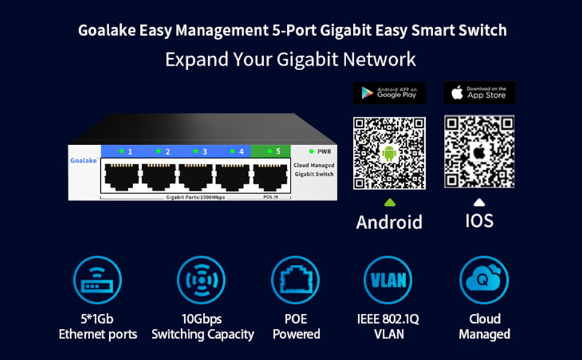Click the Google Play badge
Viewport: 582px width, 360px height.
[x=389, y=93]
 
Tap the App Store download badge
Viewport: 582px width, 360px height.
[x=479, y=92]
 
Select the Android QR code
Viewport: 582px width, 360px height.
[x=389, y=153]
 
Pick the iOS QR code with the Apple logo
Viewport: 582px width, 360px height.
[x=479, y=151]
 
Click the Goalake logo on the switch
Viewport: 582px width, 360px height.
[x=84, y=160]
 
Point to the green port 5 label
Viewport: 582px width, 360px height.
[x=271, y=151]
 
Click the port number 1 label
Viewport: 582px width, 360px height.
[x=130, y=151]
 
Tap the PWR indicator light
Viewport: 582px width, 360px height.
[x=311, y=151]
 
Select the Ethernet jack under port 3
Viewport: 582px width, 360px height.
[x=196, y=178]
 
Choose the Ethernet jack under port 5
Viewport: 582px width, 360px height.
[x=270, y=178]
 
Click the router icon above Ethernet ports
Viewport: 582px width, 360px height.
[x=98, y=280]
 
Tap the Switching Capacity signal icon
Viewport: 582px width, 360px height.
[x=201, y=280]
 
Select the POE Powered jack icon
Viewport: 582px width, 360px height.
[x=295, y=280]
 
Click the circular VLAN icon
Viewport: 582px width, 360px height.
[x=388, y=280]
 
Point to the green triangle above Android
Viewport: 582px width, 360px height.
[x=390, y=203]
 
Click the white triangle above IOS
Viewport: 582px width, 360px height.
[x=479, y=202]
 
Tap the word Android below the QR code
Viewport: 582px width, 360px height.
[x=389, y=222]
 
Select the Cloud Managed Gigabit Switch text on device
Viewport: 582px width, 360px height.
[x=314, y=170]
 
